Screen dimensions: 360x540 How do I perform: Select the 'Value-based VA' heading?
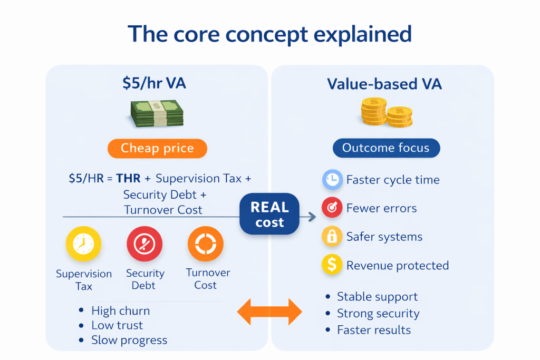click(385, 84)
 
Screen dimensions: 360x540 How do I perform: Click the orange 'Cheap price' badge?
click(157, 149)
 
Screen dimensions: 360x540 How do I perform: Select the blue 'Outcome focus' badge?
click(385, 148)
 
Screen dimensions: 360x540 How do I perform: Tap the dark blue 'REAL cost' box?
click(269, 214)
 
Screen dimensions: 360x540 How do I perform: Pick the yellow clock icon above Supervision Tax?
click(83, 245)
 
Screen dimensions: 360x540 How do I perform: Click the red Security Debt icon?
click(144, 245)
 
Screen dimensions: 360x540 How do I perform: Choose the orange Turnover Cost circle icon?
click(205, 245)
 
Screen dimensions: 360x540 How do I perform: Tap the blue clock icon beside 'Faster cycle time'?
click(332, 180)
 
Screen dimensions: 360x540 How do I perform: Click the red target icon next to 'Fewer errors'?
click(332, 208)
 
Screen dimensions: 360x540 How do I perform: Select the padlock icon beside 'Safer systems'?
click(332, 237)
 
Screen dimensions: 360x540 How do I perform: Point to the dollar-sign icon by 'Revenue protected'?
click(332, 265)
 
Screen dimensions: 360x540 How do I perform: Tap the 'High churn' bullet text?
click(120, 310)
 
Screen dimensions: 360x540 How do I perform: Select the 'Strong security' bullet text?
click(378, 314)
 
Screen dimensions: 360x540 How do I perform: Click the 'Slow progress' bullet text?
click(129, 340)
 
